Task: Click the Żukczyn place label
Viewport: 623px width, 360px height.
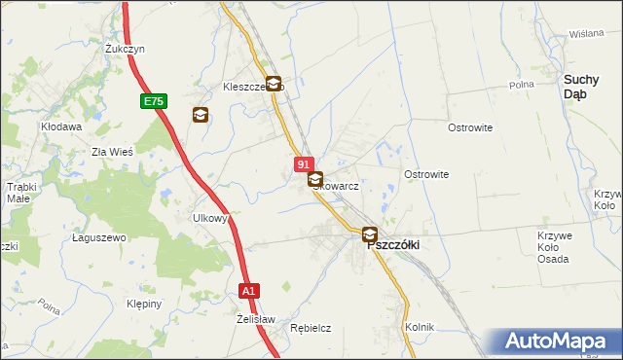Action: click(x=126, y=48)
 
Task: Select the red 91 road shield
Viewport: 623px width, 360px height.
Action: click(x=304, y=165)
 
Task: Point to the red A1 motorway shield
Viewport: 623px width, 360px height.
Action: click(x=249, y=290)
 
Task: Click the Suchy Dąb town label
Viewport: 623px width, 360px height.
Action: click(x=588, y=87)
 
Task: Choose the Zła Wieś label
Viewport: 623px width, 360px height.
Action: click(x=112, y=152)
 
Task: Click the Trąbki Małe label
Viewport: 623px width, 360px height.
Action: click(x=20, y=192)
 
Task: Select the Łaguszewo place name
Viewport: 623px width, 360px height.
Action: click(x=100, y=237)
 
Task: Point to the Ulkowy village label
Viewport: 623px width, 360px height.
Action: click(x=210, y=219)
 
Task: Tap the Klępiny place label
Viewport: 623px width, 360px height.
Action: click(x=143, y=304)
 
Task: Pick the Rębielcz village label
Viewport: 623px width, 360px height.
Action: click(x=311, y=329)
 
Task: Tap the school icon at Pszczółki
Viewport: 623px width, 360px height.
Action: click(x=370, y=234)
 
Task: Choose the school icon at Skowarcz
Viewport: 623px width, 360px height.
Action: click(x=315, y=179)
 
